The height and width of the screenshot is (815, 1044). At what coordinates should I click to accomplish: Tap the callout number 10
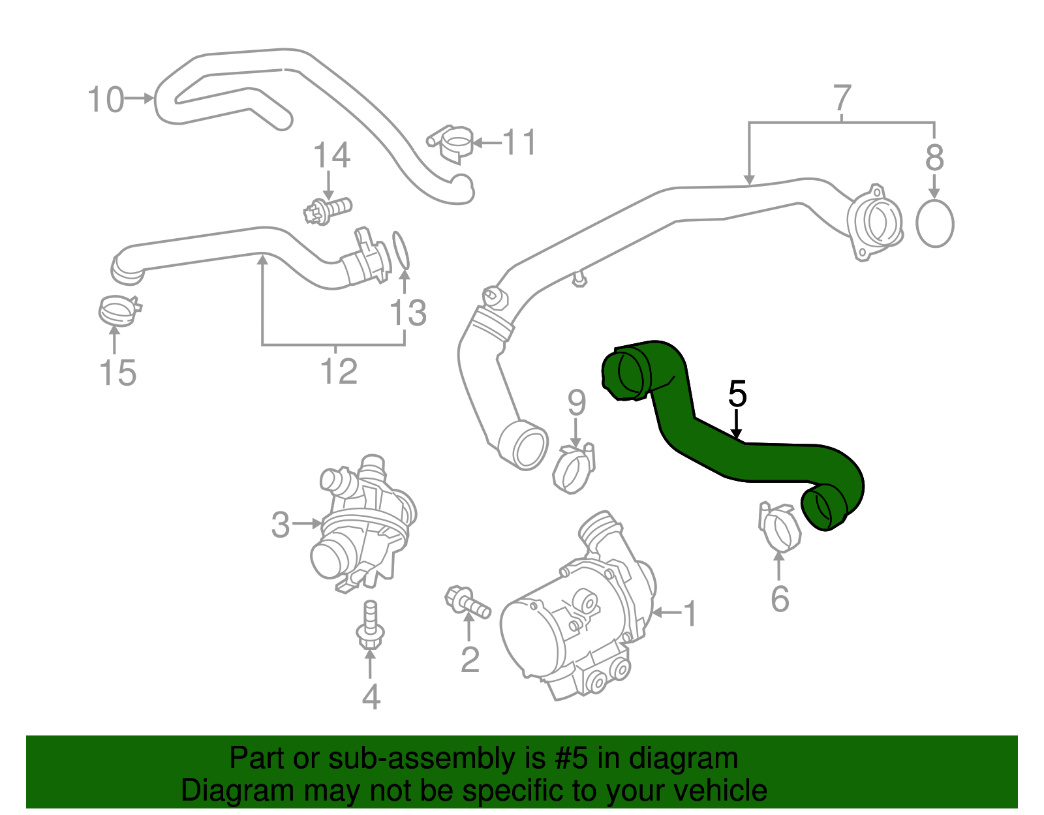coord(105,100)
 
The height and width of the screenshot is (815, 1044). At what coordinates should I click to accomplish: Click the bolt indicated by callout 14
coord(328,210)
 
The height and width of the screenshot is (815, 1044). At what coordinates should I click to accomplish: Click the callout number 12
coord(339,371)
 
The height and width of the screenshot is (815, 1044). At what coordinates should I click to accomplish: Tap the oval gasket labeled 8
coord(934,224)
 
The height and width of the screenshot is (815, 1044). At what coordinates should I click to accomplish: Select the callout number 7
coord(842,98)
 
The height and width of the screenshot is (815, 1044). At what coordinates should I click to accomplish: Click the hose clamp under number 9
coord(574,468)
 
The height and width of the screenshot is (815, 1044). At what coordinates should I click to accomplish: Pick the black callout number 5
coord(737,394)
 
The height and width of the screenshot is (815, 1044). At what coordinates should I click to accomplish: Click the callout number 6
coord(780,599)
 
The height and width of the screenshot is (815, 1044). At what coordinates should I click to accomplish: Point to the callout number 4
coord(371,697)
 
